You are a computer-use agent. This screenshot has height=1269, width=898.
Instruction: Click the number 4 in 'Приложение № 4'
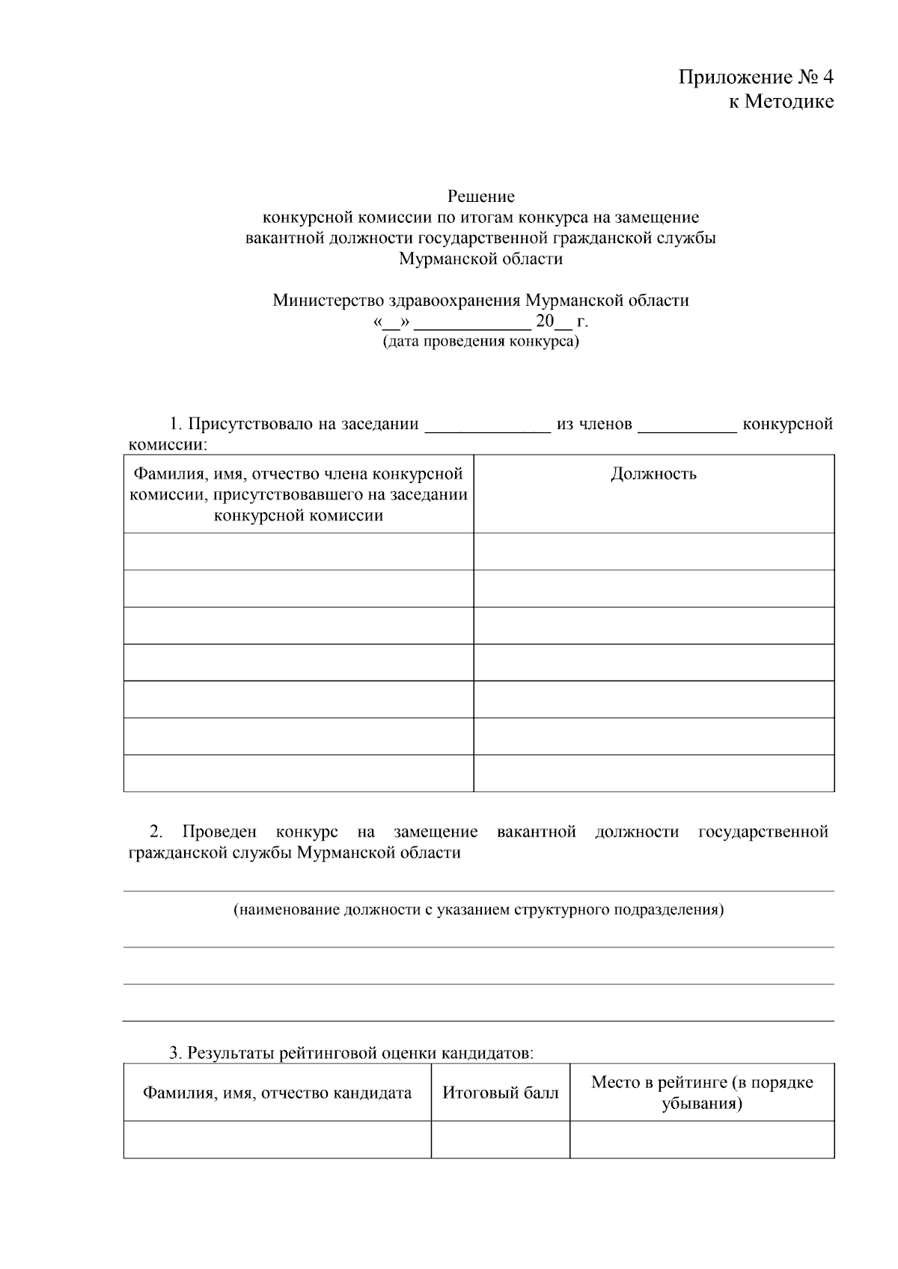click(827, 77)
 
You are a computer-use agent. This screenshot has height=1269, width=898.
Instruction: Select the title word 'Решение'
click(481, 197)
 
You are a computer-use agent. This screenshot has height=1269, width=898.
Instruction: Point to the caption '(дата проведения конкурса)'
click(481, 342)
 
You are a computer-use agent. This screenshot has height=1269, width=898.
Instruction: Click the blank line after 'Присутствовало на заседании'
click(487, 425)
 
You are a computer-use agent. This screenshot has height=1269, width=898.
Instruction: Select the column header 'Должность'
click(653, 473)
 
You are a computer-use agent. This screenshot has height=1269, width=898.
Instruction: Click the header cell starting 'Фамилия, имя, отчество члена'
click(299, 494)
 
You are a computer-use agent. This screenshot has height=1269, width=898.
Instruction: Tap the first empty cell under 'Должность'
click(653, 552)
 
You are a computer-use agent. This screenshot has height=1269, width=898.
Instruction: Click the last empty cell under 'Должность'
click(653, 773)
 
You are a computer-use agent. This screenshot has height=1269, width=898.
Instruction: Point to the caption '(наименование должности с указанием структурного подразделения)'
click(478, 910)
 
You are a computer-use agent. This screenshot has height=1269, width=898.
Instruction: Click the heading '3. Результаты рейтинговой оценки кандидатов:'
click(351, 1053)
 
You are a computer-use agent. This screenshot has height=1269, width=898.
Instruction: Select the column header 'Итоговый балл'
click(500, 1093)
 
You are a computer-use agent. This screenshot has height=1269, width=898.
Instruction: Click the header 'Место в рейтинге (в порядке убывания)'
click(701, 1093)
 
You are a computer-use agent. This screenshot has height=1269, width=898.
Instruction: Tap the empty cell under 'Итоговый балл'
click(500, 1140)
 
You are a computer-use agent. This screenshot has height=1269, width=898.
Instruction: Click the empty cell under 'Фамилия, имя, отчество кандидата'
click(277, 1140)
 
